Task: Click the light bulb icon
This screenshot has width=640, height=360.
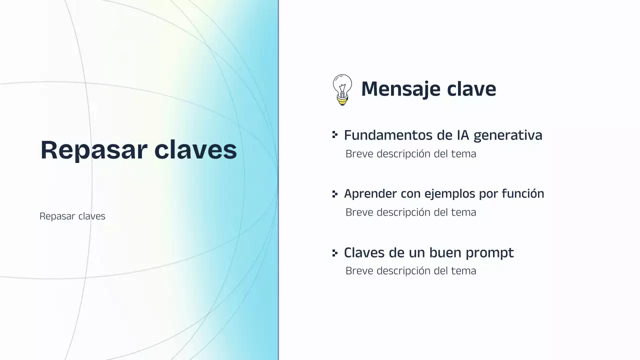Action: click(x=342, y=89)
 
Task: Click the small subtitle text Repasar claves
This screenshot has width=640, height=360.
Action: click(x=72, y=216)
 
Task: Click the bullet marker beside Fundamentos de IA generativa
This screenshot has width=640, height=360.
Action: click(x=335, y=135)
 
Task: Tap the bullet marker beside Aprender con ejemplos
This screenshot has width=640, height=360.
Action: click(x=335, y=193)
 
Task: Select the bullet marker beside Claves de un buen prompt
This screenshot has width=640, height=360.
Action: click(x=335, y=252)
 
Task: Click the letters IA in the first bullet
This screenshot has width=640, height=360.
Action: click(x=462, y=135)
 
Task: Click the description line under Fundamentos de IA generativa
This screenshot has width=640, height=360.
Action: click(x=410, y=154)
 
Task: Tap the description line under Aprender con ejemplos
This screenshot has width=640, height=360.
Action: click(x=410, y=212)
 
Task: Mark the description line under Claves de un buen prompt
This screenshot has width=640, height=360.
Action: click(x=410, y=271)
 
